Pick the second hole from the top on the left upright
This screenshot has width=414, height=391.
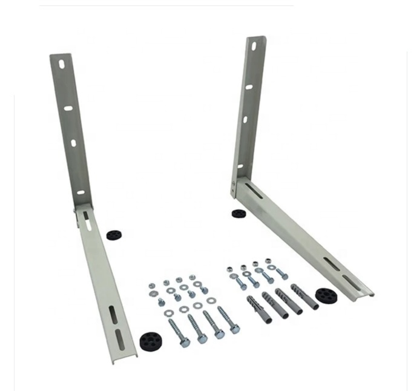68,108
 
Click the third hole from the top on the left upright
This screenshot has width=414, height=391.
74,143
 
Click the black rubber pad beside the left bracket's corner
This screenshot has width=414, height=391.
113,234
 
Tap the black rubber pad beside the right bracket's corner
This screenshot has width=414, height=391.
238,214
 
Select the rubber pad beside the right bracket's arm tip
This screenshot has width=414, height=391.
326,296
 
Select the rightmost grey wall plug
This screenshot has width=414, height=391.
304,296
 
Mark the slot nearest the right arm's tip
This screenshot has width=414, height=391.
350,281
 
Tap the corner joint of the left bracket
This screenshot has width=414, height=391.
81,209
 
